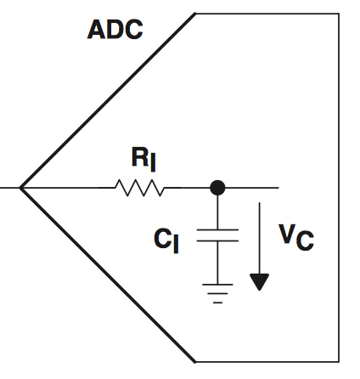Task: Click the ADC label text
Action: point(115,30)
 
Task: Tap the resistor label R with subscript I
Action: point(143,159)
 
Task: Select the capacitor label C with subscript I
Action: point(166,240)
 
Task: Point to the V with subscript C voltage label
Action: point(296,237)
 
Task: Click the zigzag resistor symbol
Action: point(139,188)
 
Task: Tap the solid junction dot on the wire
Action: point(217,188)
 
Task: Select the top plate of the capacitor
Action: point(217,229)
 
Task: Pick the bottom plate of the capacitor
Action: point(217,240)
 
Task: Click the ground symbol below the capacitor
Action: point(217,293)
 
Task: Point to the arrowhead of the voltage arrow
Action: point(259,282)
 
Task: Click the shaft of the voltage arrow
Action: point(259,238)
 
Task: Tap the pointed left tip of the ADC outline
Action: point(20,188)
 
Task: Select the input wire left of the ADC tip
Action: point(10,188)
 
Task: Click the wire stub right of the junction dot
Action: point(252,188)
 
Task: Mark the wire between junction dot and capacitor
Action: point(217,212)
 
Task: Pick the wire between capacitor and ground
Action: point(217,263)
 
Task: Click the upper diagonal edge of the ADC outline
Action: point(108,100)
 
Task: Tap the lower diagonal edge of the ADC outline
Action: point(108,274)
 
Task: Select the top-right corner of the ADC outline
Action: point(339,14)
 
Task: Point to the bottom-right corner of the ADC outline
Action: point(339,362)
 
